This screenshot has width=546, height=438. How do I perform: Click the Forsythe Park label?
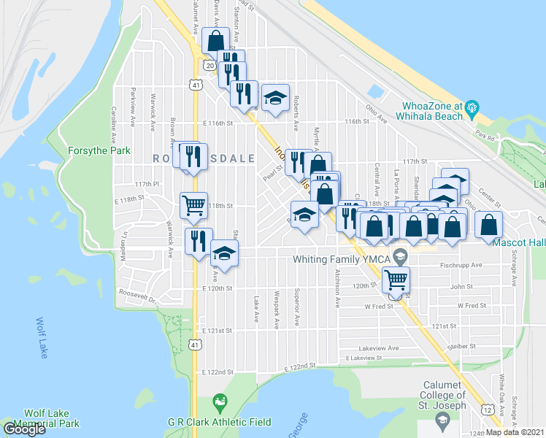(x=99, y=150)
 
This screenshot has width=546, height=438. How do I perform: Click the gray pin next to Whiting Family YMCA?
(x=399, y=257)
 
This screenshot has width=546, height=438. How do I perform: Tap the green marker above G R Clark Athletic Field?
(x=219, y=401)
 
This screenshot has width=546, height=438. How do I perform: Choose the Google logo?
(x=24, y=429)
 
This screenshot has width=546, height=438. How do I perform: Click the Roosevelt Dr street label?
(x=136, y=295)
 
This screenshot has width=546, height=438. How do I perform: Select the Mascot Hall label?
(x=519, y=242)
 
